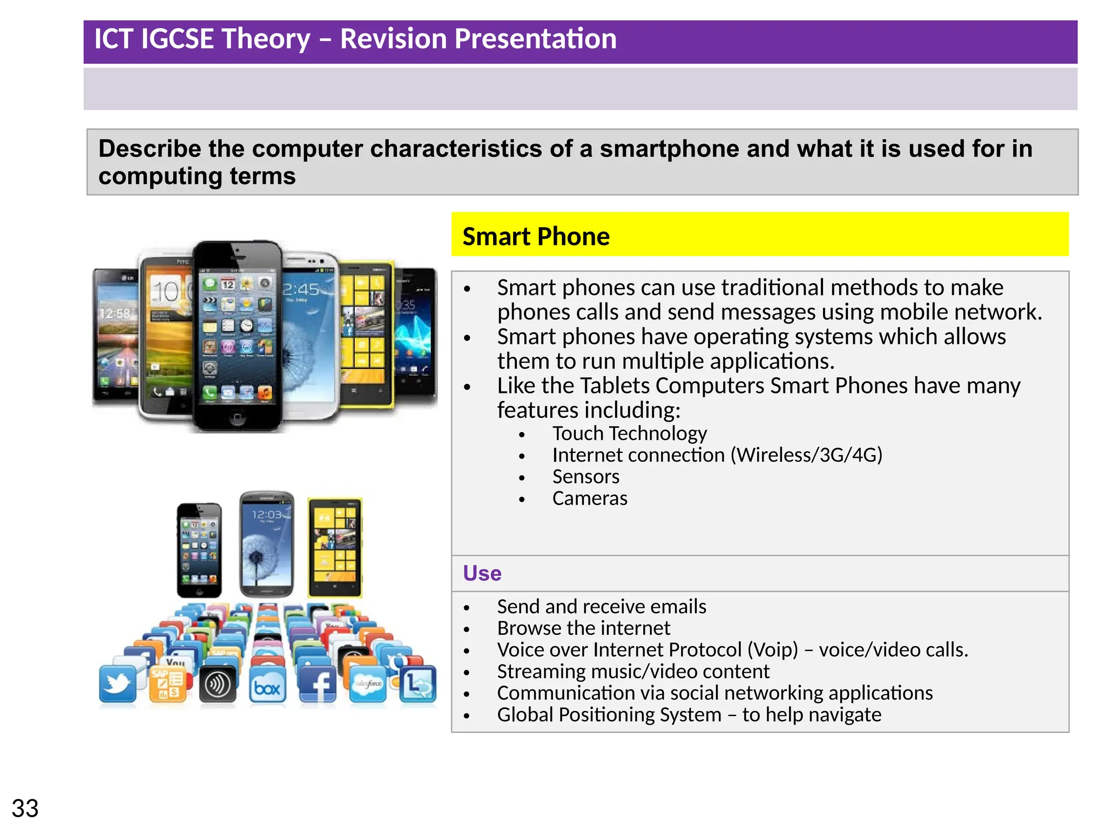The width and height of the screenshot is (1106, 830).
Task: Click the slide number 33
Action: click(x=25, y=808)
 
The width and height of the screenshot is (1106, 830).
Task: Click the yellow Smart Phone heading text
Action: click(x=536, y=237)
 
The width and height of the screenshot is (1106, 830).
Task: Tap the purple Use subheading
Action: click(x=482, y=573)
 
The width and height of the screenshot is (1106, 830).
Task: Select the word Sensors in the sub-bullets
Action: click(x=585, y=477)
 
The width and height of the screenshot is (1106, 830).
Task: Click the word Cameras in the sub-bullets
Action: click(x=590, y=498)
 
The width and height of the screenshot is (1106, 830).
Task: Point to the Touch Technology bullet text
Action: click(x=629, y=433)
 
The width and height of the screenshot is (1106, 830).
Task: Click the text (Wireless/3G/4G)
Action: click(x=806, y=455)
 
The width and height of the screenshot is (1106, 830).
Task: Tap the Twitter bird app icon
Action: click(x=118, y=684)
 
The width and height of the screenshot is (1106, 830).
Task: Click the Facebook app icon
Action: click(x=318, y=685)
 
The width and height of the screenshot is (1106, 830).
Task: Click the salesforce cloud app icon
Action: click(x=368, y=684)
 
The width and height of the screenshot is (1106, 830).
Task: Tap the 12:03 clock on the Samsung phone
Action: click(x=266, y=514)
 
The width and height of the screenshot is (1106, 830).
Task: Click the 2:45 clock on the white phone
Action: click(x=301, y=289)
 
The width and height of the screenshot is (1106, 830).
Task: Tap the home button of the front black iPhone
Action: click(x=237, y=418)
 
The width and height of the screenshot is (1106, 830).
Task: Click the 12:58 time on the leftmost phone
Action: click(x=114, y=313)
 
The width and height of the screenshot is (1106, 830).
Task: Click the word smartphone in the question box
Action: click(x=669, y=149)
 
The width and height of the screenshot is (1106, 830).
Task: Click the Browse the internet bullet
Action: click(x=583, y=628)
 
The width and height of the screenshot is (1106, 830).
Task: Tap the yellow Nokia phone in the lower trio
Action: click(x=335, y=547)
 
